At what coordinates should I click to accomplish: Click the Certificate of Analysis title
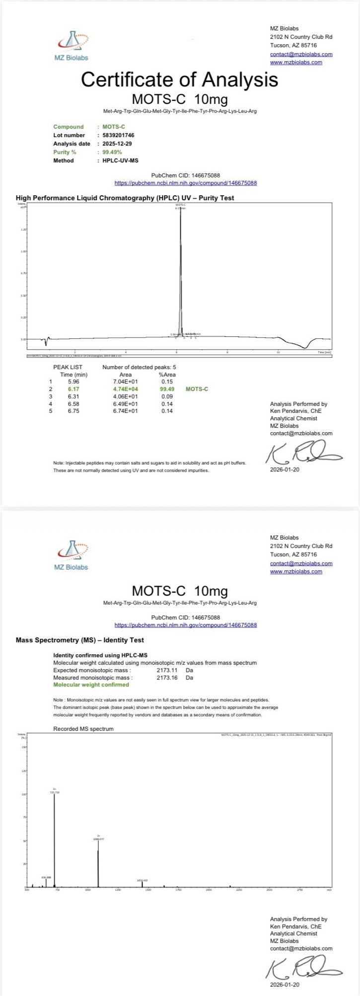[180, 79]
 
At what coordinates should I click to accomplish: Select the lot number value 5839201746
[118, 135]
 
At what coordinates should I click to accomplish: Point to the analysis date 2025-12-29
[117, 144]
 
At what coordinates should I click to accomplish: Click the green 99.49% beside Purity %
[112, 152]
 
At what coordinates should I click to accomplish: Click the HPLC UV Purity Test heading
[125, 198]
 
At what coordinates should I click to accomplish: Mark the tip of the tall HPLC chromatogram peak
[180, 211]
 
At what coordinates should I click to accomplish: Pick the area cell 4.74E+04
[126, 389]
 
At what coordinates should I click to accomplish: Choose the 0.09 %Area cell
[167, 396]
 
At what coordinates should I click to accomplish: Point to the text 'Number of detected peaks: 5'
[139, 367]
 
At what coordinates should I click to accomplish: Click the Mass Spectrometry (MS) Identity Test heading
[80, 640]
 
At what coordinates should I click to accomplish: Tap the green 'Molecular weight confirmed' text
[91, 685]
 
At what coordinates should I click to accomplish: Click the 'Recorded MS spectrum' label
[83, 729]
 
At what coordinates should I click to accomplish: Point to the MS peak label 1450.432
[142, 880]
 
